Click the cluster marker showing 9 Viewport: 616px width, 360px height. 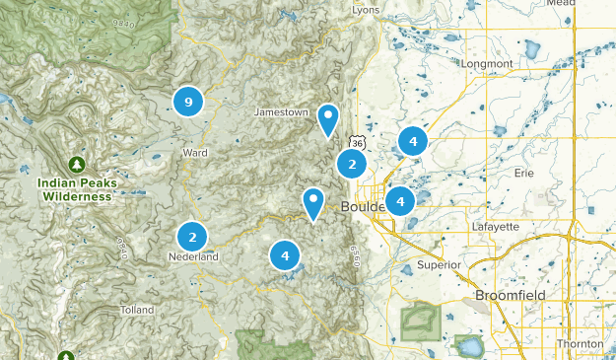click(187, 101)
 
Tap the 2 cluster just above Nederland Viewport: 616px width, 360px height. click(192, 237)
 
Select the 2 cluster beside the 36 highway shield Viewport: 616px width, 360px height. click(352, 164)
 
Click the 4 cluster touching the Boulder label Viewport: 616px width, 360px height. click(400, 201)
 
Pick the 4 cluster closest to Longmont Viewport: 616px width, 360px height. click(413, 141)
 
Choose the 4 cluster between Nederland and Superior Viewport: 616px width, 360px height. click(285, 255)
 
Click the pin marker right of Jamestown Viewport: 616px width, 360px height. click(328, 120)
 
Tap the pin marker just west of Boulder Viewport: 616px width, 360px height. click(313, 204)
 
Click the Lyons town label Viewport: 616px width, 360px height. click(366, 10)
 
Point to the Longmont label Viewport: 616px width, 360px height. click(487, 64)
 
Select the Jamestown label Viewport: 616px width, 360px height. click(281, 112)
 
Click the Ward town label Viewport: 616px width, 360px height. click(195, 153)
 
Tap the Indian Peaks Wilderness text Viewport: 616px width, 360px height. click(76, 189)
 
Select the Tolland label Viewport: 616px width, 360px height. click(136, 310)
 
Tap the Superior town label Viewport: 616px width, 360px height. click(439, 264)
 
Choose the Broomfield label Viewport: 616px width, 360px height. click(509, 295)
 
